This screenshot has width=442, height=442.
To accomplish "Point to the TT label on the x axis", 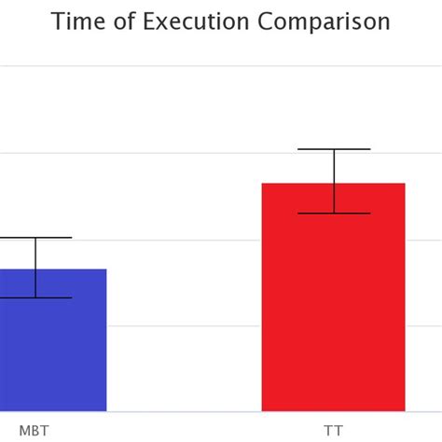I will click(333, 430).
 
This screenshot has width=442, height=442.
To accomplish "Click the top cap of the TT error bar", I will click(334, 149).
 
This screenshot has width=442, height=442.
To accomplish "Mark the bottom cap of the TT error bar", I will click(334, 214).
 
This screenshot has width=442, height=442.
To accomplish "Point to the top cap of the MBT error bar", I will click(35, 238).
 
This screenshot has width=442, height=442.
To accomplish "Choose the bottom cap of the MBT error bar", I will click(35, 297).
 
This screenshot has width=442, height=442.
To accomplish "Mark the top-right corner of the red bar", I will click(405, 184).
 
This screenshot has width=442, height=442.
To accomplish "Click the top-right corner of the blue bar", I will click(106, 269).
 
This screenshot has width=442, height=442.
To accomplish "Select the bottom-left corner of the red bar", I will click(262, 410).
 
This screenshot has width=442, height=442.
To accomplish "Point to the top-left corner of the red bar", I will click(262, 184).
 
